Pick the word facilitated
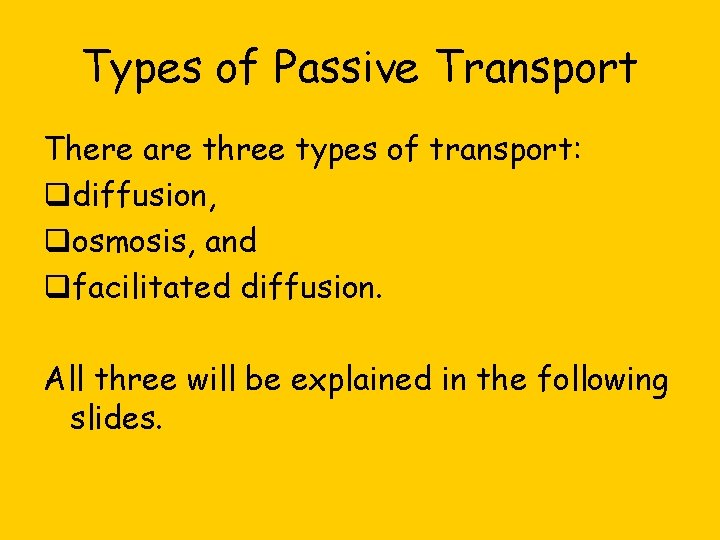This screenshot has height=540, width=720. point(152,288)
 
